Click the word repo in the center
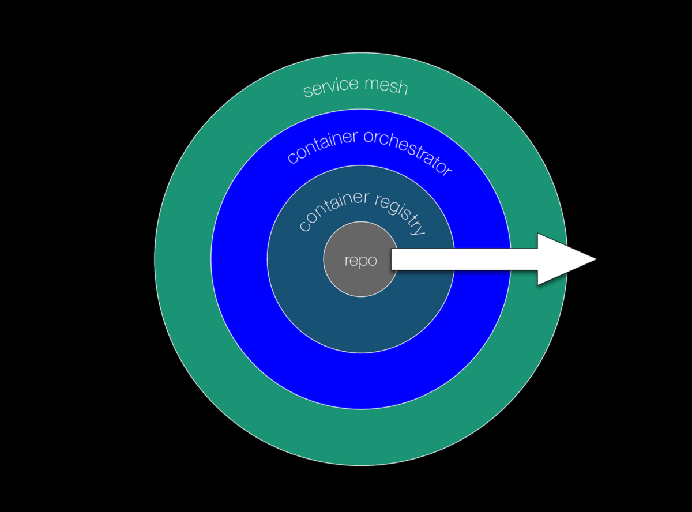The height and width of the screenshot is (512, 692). (360, 261)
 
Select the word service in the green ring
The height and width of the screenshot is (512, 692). (329, 88)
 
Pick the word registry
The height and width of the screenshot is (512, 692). (400, 213)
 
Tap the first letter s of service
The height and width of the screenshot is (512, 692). (307, 92)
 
